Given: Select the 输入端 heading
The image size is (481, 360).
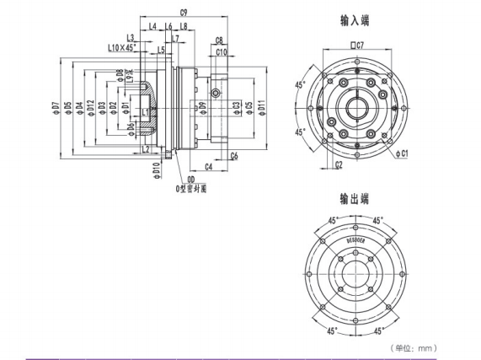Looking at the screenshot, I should [354, 19].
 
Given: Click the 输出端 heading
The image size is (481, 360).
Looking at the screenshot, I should [354, 200].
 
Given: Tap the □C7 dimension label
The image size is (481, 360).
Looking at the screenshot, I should [355, 44].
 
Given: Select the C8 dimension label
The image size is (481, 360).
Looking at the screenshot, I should [219, 40].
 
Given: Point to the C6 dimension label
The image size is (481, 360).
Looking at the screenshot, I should [233, 156].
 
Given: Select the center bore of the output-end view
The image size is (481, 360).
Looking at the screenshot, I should [354, 273].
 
